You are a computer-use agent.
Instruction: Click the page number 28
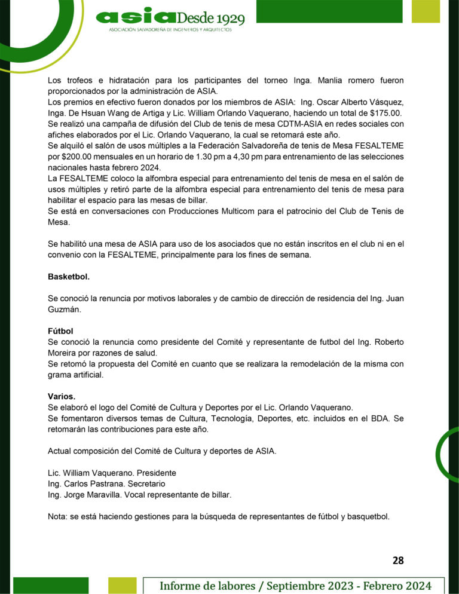click(x=398, y=560)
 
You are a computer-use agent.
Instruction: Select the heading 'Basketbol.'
click(x=69, y=277)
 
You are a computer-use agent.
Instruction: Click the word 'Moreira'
click(x=63, y=353)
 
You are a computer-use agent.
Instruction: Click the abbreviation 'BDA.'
click(x=375, y=418)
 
